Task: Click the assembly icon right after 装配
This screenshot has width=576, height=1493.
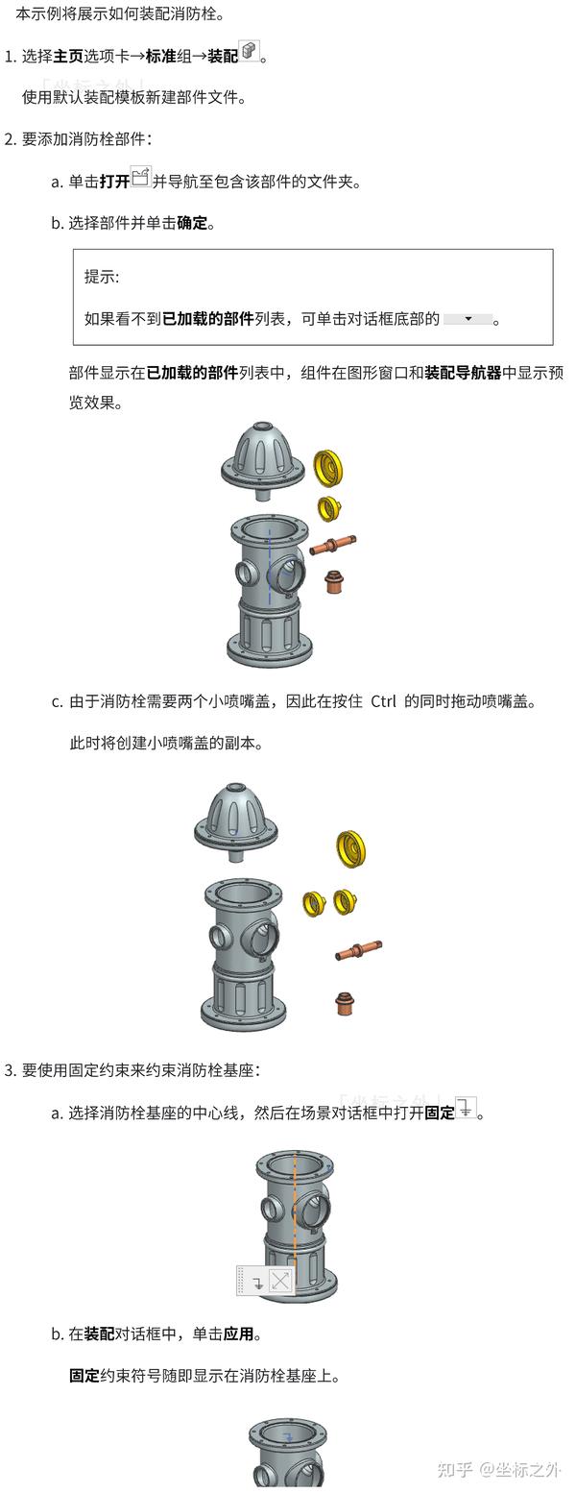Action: (x=250, y=52)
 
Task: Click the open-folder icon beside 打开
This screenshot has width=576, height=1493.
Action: (x=141, y=177)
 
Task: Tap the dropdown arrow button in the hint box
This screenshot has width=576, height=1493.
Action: (x=468, y=318)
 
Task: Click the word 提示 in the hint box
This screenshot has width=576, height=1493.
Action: (x=102, y=277)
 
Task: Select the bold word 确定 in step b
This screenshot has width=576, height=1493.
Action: (x=192, y=223)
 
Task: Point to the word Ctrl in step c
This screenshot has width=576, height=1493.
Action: (x=383, y=701)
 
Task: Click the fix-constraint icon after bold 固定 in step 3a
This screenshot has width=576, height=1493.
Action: (x=466, y=1108)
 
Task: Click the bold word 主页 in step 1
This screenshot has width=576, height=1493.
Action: (x=68, y=57)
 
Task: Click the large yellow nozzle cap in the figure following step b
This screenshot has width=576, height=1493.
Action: (x=329, y=467)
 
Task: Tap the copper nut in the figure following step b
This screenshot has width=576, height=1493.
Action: (x=334, y=582)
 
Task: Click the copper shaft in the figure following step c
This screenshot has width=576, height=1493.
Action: (x=358, y=950)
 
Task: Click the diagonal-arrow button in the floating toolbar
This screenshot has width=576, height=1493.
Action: (x=280, y=1281)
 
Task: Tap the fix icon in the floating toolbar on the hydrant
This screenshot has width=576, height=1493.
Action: (x=256, y=1282)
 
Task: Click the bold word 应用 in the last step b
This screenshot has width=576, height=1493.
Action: (x=239, y=1334)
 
